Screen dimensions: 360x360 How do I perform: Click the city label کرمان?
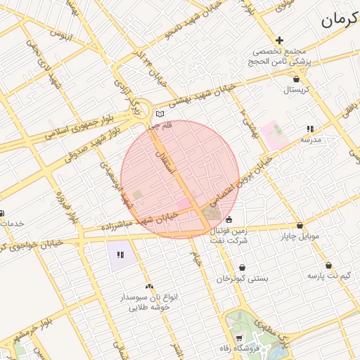340,20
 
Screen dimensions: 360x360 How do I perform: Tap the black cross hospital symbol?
280,41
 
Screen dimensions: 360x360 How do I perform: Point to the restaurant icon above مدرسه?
309,129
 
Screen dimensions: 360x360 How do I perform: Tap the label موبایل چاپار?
300,236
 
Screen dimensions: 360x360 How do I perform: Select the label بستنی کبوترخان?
243,278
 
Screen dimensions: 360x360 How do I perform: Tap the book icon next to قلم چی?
160,114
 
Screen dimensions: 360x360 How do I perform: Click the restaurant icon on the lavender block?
120,255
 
